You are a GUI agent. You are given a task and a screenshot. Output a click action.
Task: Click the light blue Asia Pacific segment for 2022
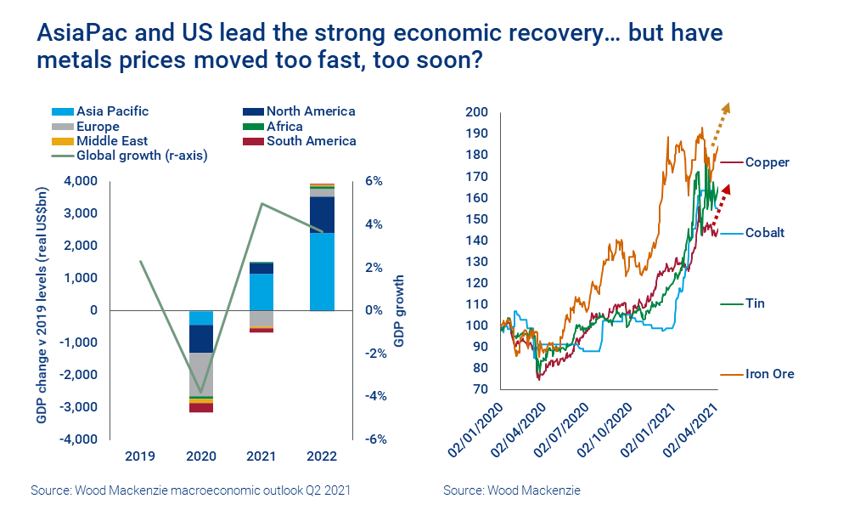(x=321, y=271)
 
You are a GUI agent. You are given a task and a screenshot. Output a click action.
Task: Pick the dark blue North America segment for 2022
(x=321, y=215)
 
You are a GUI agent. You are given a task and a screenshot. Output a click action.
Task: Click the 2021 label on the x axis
(x=261, y=456)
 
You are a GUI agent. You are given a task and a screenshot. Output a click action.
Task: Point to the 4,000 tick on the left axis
(x=80, y=181)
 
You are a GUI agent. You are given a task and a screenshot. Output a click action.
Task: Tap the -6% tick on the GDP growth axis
(x=377, y=439)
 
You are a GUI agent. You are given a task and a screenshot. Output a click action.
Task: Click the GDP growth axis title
(x=399, y=310)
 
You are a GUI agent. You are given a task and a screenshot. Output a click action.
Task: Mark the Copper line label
(x=767, y=162)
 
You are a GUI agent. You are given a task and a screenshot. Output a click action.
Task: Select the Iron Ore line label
(x=769, y=374)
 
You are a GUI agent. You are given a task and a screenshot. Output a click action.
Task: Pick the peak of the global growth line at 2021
(x=261, y=203)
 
